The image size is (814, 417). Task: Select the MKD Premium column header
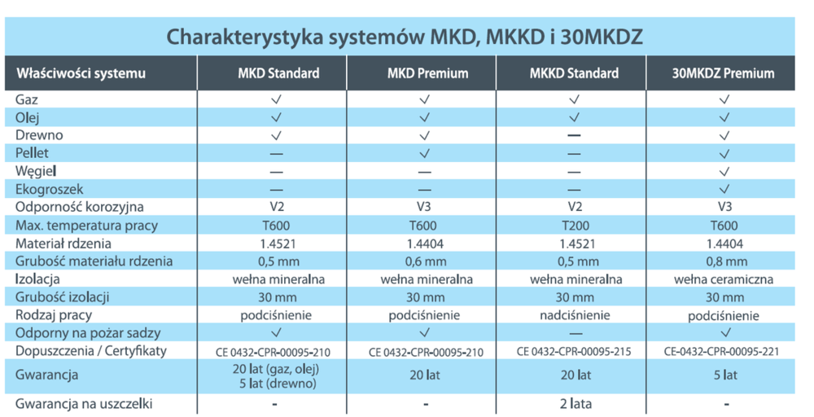coord(427,73)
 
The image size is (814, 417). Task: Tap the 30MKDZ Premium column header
coord(723,73)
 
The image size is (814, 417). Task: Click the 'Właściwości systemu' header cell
coord(81,73)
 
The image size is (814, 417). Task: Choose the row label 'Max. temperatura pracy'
coord(86,225)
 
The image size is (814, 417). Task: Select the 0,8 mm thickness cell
coord(724,261)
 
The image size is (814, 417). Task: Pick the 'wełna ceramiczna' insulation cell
coord(724,279)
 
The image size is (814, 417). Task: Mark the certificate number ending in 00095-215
coord(575,352)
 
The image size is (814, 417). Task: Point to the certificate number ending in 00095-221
coord(724,352)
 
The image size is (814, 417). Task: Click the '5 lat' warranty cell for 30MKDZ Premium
coord(724,375)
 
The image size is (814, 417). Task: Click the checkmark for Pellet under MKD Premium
coord(424,153)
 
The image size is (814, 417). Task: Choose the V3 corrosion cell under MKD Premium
coord(424,208)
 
